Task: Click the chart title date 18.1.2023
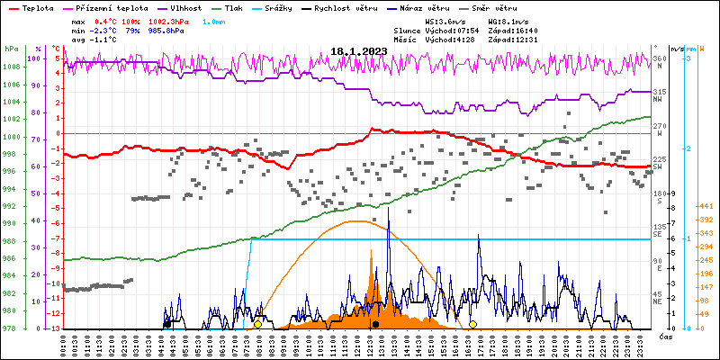click(x=358, y=51)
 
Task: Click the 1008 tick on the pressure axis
click(x=12, y=67)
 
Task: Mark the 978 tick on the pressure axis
click(x=12, y=328)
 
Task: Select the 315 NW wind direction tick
click(x=660, y=93)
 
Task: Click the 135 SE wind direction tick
click(x=660, y=228)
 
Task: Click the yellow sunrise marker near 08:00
click(x=258, y=324)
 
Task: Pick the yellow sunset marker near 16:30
click(x=473, y=324)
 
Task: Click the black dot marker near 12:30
click(x=375, y=324)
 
